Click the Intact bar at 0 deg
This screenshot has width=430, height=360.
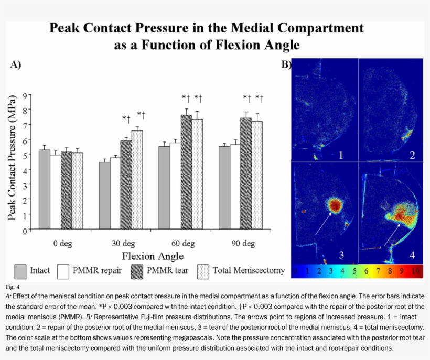pyautogui.click(x=45, y=190)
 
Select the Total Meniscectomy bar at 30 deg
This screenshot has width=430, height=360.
pyautogui.click(x=137, y=180)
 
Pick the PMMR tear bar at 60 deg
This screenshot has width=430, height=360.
pyautogui.click(x=186, y=172)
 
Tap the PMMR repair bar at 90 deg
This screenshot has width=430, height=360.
pyautogui.click(x=235, y=187)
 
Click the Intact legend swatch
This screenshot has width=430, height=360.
pyautogui.click(x=21, y=271)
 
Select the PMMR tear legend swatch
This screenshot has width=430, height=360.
pyautogui.click(x=137, y=271)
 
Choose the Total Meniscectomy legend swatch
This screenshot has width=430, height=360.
pyautogui.click(x=203, y=271)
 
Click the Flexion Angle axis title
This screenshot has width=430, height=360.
pyautogui.click(x=153, y=256)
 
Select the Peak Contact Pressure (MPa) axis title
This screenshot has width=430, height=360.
pyautogui.click(x=12, y=162)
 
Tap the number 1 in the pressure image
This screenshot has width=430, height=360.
pyautogui.click(x=340, y=155)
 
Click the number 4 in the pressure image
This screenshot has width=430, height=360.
pyautogui.click(x=412, y=255)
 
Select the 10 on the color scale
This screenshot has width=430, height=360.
pyautogui.click(x=416, y=271)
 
